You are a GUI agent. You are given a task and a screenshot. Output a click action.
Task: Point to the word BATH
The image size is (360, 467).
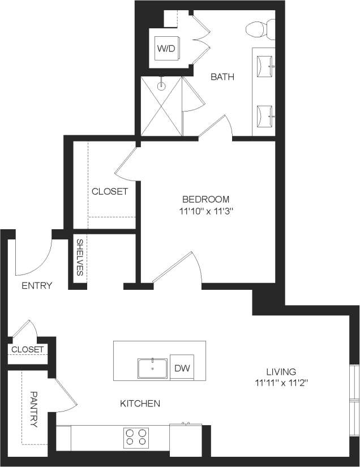pyautogui.click(x=222, y=77)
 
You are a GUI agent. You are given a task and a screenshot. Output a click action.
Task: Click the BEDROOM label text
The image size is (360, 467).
pyautogui.click(x=205, y=199)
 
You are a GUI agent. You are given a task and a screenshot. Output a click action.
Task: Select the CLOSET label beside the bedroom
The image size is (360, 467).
pyautogui.click(x=110, y=191)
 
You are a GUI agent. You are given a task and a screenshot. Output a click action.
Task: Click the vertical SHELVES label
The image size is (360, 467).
pyautogui.click(x=80, y=258)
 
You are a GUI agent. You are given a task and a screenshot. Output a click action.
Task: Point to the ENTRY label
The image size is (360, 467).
pyautogui.click(x=37, y=286)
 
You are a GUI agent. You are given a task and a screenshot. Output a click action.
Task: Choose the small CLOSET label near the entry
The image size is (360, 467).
pyautogui.click(x=27, y=350)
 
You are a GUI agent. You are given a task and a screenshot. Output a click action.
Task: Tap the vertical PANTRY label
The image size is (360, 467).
pyautogui.click(x=33, y=409)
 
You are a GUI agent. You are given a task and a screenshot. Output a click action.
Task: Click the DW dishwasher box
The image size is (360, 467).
pyautogui.click(x=181, y=369)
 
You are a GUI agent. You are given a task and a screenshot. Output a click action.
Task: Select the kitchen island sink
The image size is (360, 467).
pyautogui.click(x=153, y=368)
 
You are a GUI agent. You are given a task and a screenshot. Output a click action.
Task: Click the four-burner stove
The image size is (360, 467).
pyautogui.click(x=136, y=437)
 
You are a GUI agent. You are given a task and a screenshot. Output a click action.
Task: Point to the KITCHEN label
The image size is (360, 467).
pyautogui.click(x=140, y=404)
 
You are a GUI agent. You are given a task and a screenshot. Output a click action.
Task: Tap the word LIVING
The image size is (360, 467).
pyautogui.click(x=281, y=372)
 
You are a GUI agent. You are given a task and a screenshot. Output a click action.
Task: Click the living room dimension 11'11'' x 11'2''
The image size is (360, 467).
pyautogui.click(x=281, y=383)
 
